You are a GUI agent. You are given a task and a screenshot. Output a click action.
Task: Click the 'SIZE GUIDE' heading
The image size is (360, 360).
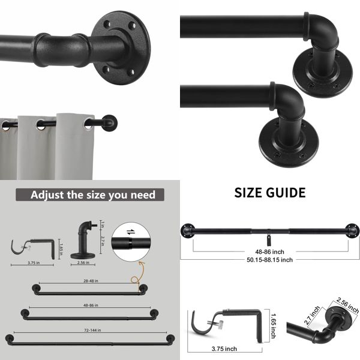pos(269,193)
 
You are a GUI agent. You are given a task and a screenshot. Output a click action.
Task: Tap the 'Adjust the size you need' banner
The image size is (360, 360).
pos(93,194)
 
